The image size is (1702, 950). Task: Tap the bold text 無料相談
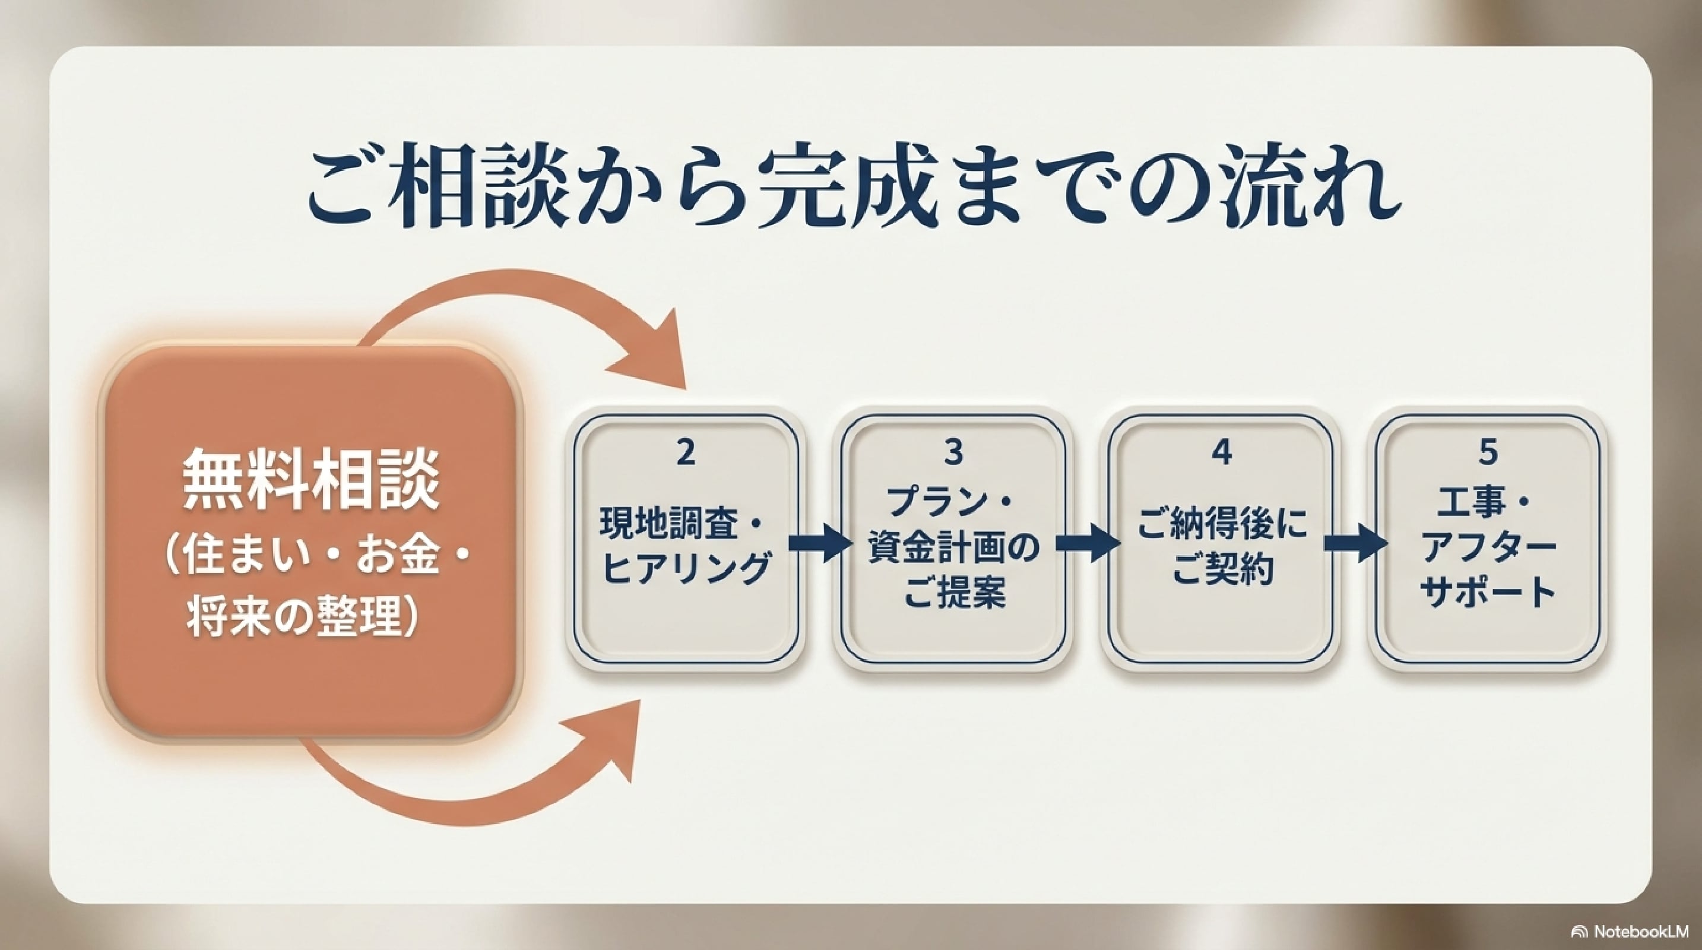point(311,480)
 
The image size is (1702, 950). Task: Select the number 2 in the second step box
point(686,452)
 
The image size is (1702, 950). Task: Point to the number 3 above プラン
point(953,452)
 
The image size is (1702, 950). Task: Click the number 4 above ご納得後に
point(1222,452)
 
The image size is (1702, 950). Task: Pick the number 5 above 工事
point(1489,452)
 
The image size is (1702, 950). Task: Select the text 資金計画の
point(953,549)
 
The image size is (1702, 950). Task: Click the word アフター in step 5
point(1489,549)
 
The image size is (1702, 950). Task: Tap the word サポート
point(1489,592)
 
